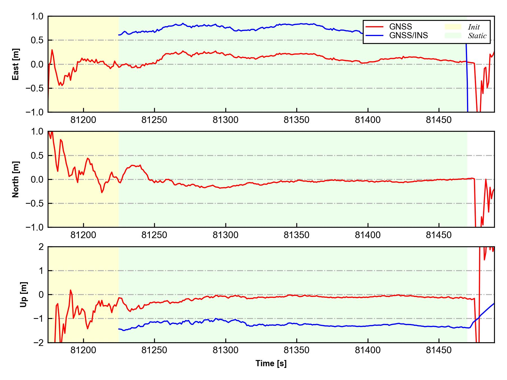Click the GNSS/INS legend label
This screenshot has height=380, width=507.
tap(408, 35)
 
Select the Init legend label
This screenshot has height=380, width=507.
tap(474, 27)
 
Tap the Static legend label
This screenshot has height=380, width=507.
tap(477, 36)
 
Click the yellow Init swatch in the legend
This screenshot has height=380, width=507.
tap(453, 27)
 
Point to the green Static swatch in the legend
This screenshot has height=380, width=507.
tap(453, 35)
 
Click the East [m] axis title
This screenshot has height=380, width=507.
tap(16, 64)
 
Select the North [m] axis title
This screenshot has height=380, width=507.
tap(16, 179)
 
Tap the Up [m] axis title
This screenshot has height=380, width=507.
tap(24, 294)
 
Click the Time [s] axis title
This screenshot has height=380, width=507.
tap(271, 363)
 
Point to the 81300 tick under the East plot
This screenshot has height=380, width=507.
tap(225, 120)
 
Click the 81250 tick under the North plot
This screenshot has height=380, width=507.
tap(154, 235)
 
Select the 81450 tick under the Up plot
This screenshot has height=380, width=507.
tap(439, 350)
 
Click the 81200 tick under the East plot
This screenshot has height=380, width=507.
tap(83, 120)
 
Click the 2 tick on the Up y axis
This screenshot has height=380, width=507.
tap(41, 247)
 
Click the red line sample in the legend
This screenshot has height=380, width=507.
tap(375, 27)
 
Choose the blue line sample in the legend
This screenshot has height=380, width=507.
tap(375, 35)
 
